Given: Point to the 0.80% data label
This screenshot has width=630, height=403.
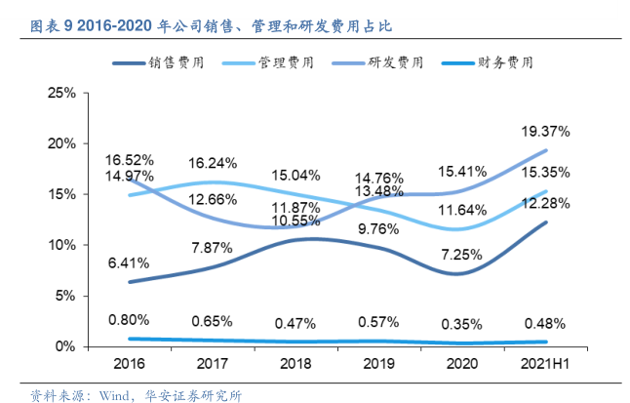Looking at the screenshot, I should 128,319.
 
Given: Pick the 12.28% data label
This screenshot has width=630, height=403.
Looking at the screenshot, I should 547,204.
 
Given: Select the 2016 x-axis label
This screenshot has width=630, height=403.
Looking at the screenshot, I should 130,363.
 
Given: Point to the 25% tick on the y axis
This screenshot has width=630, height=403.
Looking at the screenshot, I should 62,93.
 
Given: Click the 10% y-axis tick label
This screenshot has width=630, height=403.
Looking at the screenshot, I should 62,245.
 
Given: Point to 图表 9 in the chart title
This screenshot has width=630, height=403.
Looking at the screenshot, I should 46,22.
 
